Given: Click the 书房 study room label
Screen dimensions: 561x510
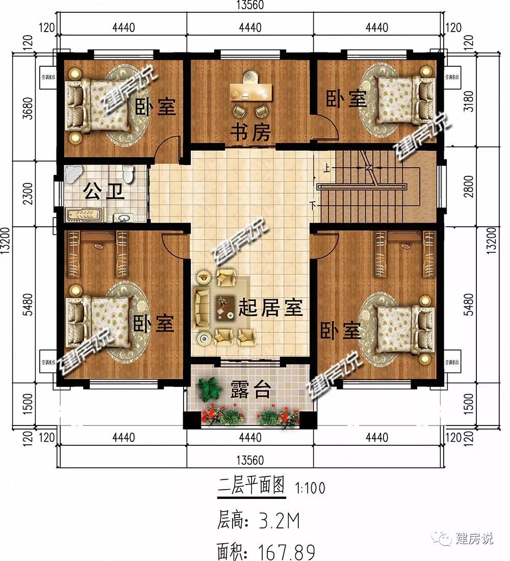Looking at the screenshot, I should (250, 133).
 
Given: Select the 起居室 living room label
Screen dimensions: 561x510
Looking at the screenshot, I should (270, 308).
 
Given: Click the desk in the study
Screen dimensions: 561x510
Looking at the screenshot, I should (251, 92).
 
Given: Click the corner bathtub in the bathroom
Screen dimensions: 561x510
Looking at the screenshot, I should (73, 174).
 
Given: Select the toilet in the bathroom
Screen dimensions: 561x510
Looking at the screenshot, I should (130, 174).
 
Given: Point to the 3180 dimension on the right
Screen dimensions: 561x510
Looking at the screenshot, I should (470, 101).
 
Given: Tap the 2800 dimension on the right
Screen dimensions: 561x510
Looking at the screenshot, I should (470, 186).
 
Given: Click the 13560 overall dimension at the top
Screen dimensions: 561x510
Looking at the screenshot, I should (249, 5).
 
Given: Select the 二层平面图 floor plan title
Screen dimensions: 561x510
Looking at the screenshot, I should (251, 486).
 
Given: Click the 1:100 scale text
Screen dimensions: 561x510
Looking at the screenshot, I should (310, 488).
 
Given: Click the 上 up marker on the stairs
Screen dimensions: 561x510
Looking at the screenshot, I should (325, 167).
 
